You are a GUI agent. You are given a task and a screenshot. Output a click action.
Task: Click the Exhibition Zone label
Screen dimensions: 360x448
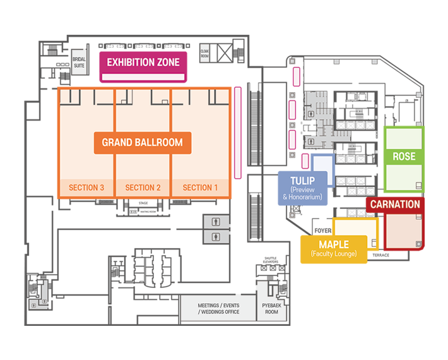point(143,62)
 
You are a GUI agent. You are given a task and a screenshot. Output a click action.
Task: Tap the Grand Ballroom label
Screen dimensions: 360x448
point(142,143)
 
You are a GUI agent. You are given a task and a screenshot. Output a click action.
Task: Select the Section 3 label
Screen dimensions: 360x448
point(86,188)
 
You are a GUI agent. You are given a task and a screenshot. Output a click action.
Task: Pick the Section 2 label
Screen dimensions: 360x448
point(143,188)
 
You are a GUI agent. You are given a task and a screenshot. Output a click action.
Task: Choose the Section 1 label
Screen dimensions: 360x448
point(200,188)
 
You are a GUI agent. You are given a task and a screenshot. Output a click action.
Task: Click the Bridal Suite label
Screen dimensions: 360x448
point(79,62)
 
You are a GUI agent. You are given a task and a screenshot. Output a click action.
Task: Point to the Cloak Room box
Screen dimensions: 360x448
point(204,54)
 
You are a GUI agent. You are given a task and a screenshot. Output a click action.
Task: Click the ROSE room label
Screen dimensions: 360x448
point(404,156)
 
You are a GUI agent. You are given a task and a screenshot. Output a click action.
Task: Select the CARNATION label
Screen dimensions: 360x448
point(395,205)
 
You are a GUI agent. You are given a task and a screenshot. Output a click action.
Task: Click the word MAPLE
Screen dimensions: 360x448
point(334,244)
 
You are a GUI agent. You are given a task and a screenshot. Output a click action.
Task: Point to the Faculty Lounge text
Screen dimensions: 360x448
point(334,254)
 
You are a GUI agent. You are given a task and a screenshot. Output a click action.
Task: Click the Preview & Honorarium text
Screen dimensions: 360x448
point(302,193)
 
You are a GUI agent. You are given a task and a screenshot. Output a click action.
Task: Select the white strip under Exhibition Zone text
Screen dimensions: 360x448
point(143,77)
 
